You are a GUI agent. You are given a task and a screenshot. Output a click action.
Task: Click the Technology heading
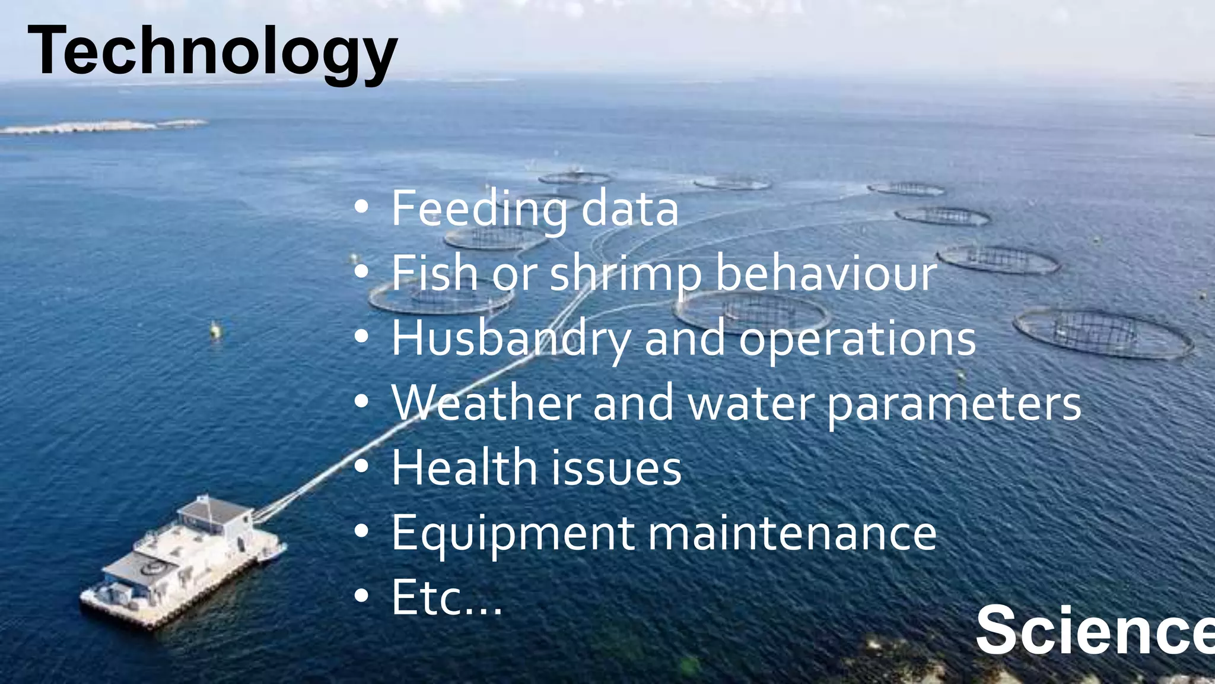coord(212,52)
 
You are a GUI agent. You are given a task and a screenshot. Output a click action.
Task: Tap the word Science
coord(1095,630)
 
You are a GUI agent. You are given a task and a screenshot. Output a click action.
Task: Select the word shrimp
coord(626,274)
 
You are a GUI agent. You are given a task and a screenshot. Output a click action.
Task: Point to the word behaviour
coord(826,273)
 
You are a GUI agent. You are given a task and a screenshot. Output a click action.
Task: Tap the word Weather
coord(486,403)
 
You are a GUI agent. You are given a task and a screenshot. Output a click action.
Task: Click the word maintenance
coord(792,533)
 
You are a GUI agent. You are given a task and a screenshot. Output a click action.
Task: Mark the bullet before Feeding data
coord(361,208)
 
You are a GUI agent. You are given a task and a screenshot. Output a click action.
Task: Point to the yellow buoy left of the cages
coord(216,330)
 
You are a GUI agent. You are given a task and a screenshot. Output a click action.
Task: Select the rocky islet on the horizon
coord(101,126)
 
